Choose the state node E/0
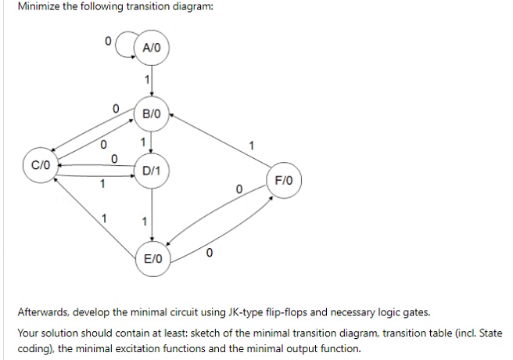[x=152, y=257]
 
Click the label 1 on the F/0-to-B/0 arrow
[x=250, y=144]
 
